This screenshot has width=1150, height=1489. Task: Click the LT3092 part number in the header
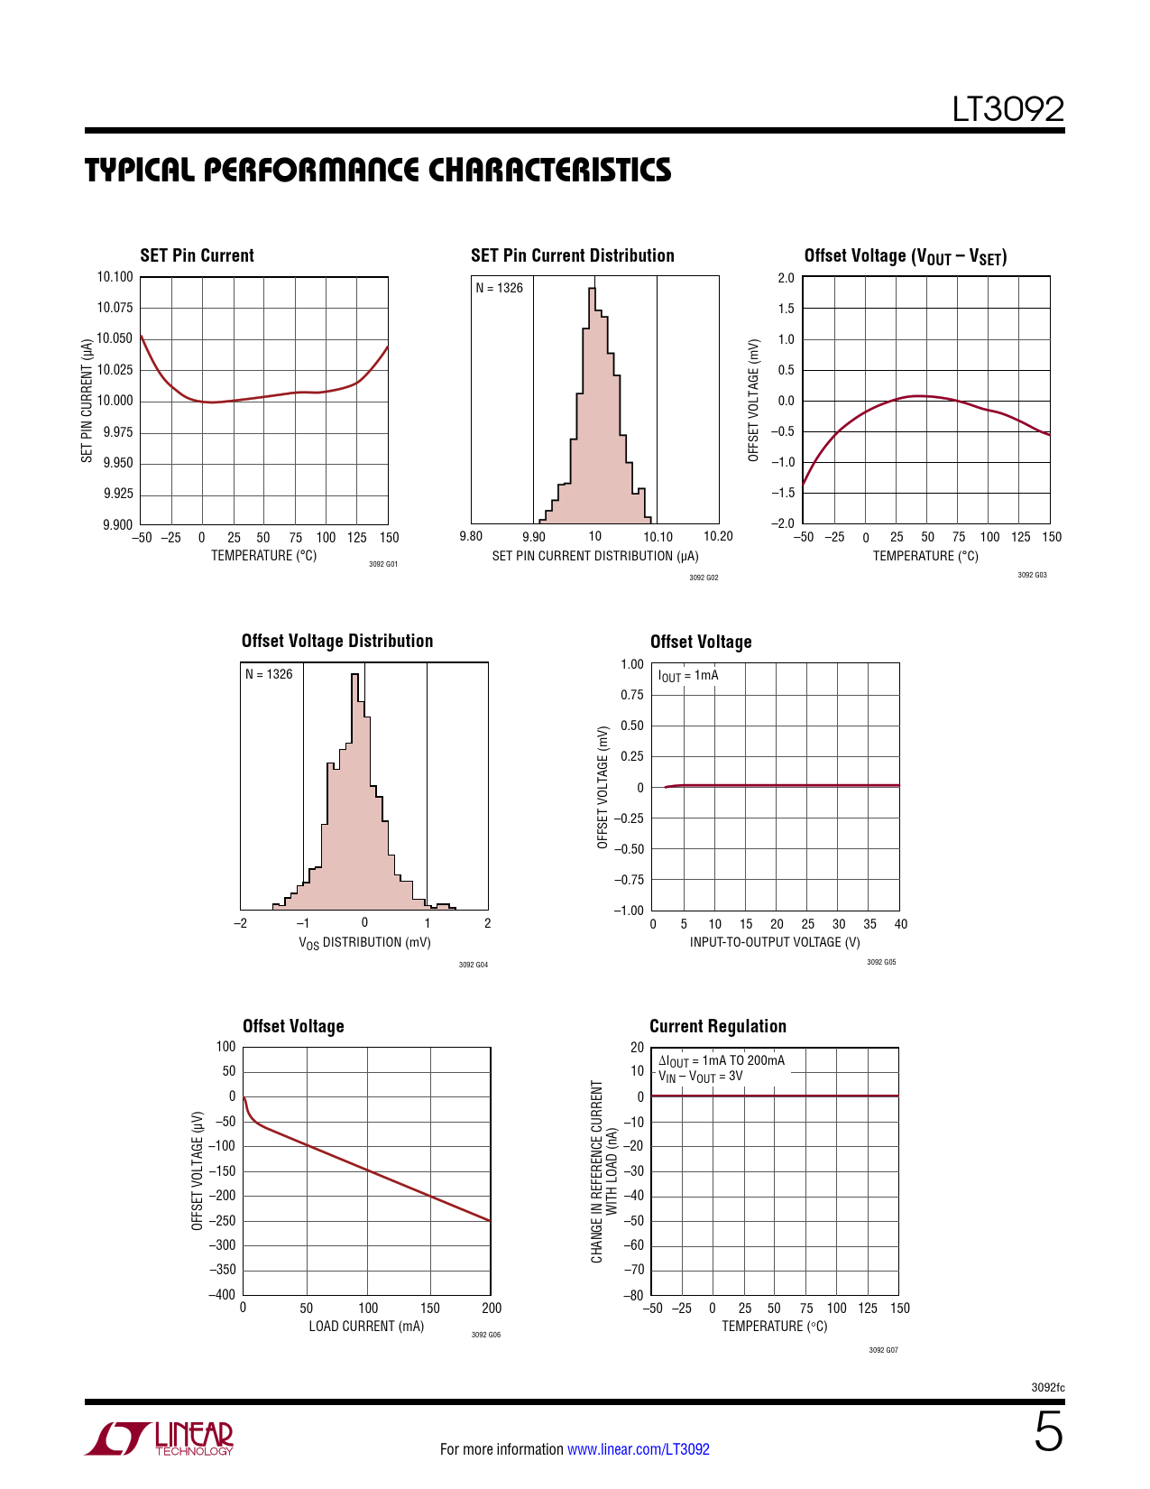click(x=1007, y=110)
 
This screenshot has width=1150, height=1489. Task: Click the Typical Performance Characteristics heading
click(x=378, y=170)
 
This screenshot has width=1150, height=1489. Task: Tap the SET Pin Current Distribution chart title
click(x=572, y=255)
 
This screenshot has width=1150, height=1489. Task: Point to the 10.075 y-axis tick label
click(x=115, y=308)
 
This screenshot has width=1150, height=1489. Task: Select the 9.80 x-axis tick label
click(x=471, y=536)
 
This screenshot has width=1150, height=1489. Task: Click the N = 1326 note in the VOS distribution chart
click(x=269, y=674)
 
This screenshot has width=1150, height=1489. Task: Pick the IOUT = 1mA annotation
click(x=688, y=676)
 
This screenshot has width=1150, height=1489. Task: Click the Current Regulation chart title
click(x=717, y=1026)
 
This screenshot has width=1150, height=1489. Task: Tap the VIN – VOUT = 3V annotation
click(x=700, y=1077)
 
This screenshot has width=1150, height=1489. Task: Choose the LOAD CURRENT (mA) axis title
click(x=366, y=1326)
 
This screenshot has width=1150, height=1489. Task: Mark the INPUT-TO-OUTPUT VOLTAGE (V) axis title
click(x=775, y=942)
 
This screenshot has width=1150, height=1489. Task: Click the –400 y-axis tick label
click(x=222, y=1294)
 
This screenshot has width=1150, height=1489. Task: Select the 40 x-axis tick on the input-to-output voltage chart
click(x=900, y=924)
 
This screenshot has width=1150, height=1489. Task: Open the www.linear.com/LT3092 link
click(x=638, y=1449)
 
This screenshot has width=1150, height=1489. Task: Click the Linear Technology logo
click(x=161, y=1438)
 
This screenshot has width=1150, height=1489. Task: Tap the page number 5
click(x=1048, y=1433)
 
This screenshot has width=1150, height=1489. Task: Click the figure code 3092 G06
click(x=485, y=1335)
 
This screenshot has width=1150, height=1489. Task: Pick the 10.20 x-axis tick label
click(x=718, y=536)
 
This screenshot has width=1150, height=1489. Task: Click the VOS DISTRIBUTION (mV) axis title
click(x=364, y=942)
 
